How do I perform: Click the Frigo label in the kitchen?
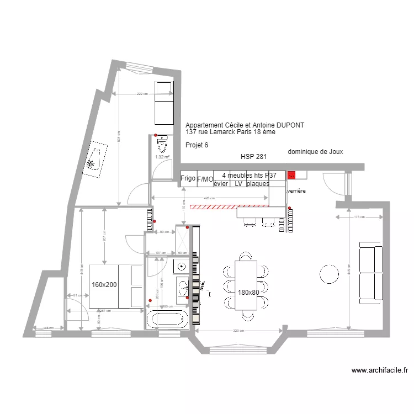pos(188,178)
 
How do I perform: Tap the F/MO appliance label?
pos(205,179)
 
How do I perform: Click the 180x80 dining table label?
pos(248,293)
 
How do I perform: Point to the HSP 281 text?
pos(254,157)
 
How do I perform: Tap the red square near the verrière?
pos(291,175)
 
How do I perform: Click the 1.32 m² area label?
pos(162,157)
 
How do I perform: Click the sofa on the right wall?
pos(370,272)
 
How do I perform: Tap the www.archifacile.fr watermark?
pos(379,371)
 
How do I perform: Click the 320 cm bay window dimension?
pos(238,331)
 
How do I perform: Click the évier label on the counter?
pos(221,184)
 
